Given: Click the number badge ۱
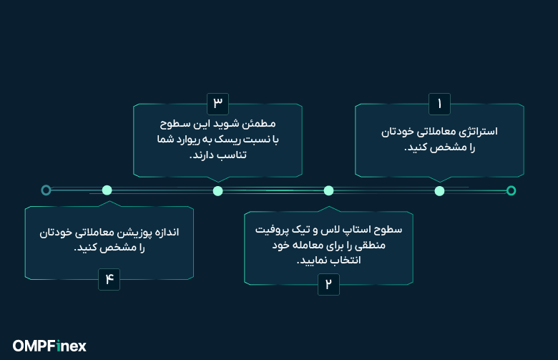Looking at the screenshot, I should click(x=439, y=103).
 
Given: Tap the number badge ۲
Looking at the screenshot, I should click(x=328, y=284).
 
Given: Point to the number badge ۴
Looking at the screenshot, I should click(x=109, y=279).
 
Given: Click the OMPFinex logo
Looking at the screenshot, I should click(x=49, y=346).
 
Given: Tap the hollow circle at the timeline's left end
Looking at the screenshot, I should click(x=46, y=190).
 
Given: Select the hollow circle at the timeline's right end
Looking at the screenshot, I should click(x=511, y=190).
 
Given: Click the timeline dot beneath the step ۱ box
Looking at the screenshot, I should click(x=439, y=190).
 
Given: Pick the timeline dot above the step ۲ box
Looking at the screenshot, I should click(x=328, y=190).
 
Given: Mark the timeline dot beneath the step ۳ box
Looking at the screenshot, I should click(x=218, y=190).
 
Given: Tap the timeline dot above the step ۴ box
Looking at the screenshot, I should click(x=107, y=190).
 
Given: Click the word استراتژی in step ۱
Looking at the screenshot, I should click(x=477, y=132).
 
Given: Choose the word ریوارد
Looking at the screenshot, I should click(x=190, y=139).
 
